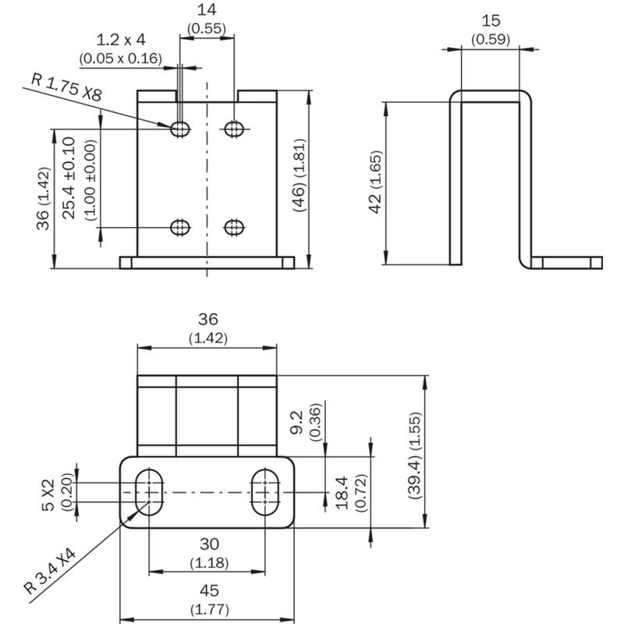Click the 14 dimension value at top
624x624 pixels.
(207, 10)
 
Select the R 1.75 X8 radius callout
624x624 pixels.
(66, 87)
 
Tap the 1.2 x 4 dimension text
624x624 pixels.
(121, 40)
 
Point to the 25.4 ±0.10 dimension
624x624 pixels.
(69, 178)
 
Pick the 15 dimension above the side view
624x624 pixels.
(491, 21)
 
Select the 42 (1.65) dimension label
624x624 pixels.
(376, 183)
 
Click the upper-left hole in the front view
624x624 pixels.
(180, 129)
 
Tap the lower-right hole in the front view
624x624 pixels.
(235, 228)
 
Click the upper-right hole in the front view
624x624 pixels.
(235, 129)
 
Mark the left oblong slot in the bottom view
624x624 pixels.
(149, 492)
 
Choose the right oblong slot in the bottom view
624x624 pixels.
(265, 492)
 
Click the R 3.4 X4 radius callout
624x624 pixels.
(49, 572)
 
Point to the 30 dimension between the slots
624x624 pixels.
(209, 544)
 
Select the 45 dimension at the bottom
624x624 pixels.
(209, 590)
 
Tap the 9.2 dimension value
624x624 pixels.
(297, 423)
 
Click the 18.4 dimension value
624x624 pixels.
(342, 493)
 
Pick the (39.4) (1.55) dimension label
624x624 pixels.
(415, 456)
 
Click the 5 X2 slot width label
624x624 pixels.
(48, 495)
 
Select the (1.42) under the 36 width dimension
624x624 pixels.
(208, 339)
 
